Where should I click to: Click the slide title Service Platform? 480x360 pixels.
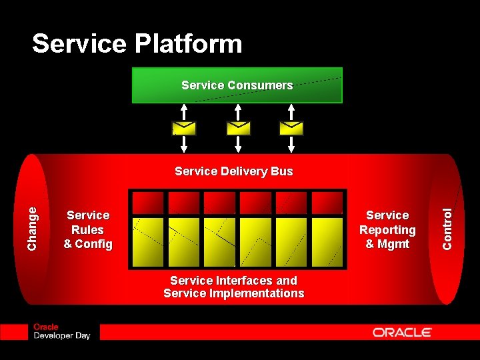pos(137,44)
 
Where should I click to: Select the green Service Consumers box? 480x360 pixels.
pos(237,85)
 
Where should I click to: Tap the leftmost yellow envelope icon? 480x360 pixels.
pos(184,127)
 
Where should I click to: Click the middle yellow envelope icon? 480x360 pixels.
pos(238,127)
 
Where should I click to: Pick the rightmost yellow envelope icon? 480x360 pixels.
pos(291,127)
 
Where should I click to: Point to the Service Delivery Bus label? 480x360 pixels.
pos(233,171)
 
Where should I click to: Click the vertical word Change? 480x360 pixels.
pos(33,229)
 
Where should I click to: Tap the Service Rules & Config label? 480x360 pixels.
pos(88,229)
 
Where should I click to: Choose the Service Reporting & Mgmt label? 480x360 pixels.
pos(387,229)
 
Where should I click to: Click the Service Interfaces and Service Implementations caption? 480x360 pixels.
pos(233,287)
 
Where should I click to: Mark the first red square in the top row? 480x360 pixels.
pos(148,202)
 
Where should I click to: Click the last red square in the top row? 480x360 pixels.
pos(327,202)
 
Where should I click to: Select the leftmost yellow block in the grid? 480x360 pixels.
pos(148,241)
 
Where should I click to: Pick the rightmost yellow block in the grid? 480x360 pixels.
pos(327,241)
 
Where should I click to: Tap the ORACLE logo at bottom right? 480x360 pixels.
pos(402,332)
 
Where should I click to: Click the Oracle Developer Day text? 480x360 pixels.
pos(61,331)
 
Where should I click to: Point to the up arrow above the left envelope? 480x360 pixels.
pos(184,111)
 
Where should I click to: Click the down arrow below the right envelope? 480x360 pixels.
pos(291,143)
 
